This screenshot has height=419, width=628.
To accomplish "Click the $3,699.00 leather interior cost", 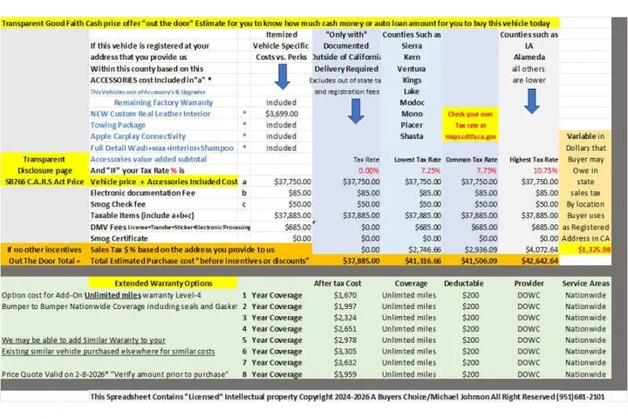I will [x=281, y=113].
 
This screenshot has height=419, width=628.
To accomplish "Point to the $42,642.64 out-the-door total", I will [x=536, y=260].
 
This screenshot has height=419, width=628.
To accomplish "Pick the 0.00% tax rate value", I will [x=368, y=170].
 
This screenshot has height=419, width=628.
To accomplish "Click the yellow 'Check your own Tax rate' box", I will [x=472, y=125].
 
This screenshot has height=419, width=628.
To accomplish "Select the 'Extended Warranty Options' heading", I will [x=163, y=284].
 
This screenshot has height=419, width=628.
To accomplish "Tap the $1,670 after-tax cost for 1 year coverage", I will [x=348, y=295].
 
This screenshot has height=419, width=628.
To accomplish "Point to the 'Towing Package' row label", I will [x=119, y=125].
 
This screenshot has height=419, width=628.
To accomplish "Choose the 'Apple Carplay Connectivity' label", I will [x=138, y=136].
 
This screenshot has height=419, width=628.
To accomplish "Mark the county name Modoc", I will [x=413, y=102].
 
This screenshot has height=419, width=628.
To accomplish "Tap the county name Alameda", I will [x=529, y=57].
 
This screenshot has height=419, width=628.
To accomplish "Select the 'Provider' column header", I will [x=529, y=284].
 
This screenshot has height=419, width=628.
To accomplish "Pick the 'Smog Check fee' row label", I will [x=121, y=203].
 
